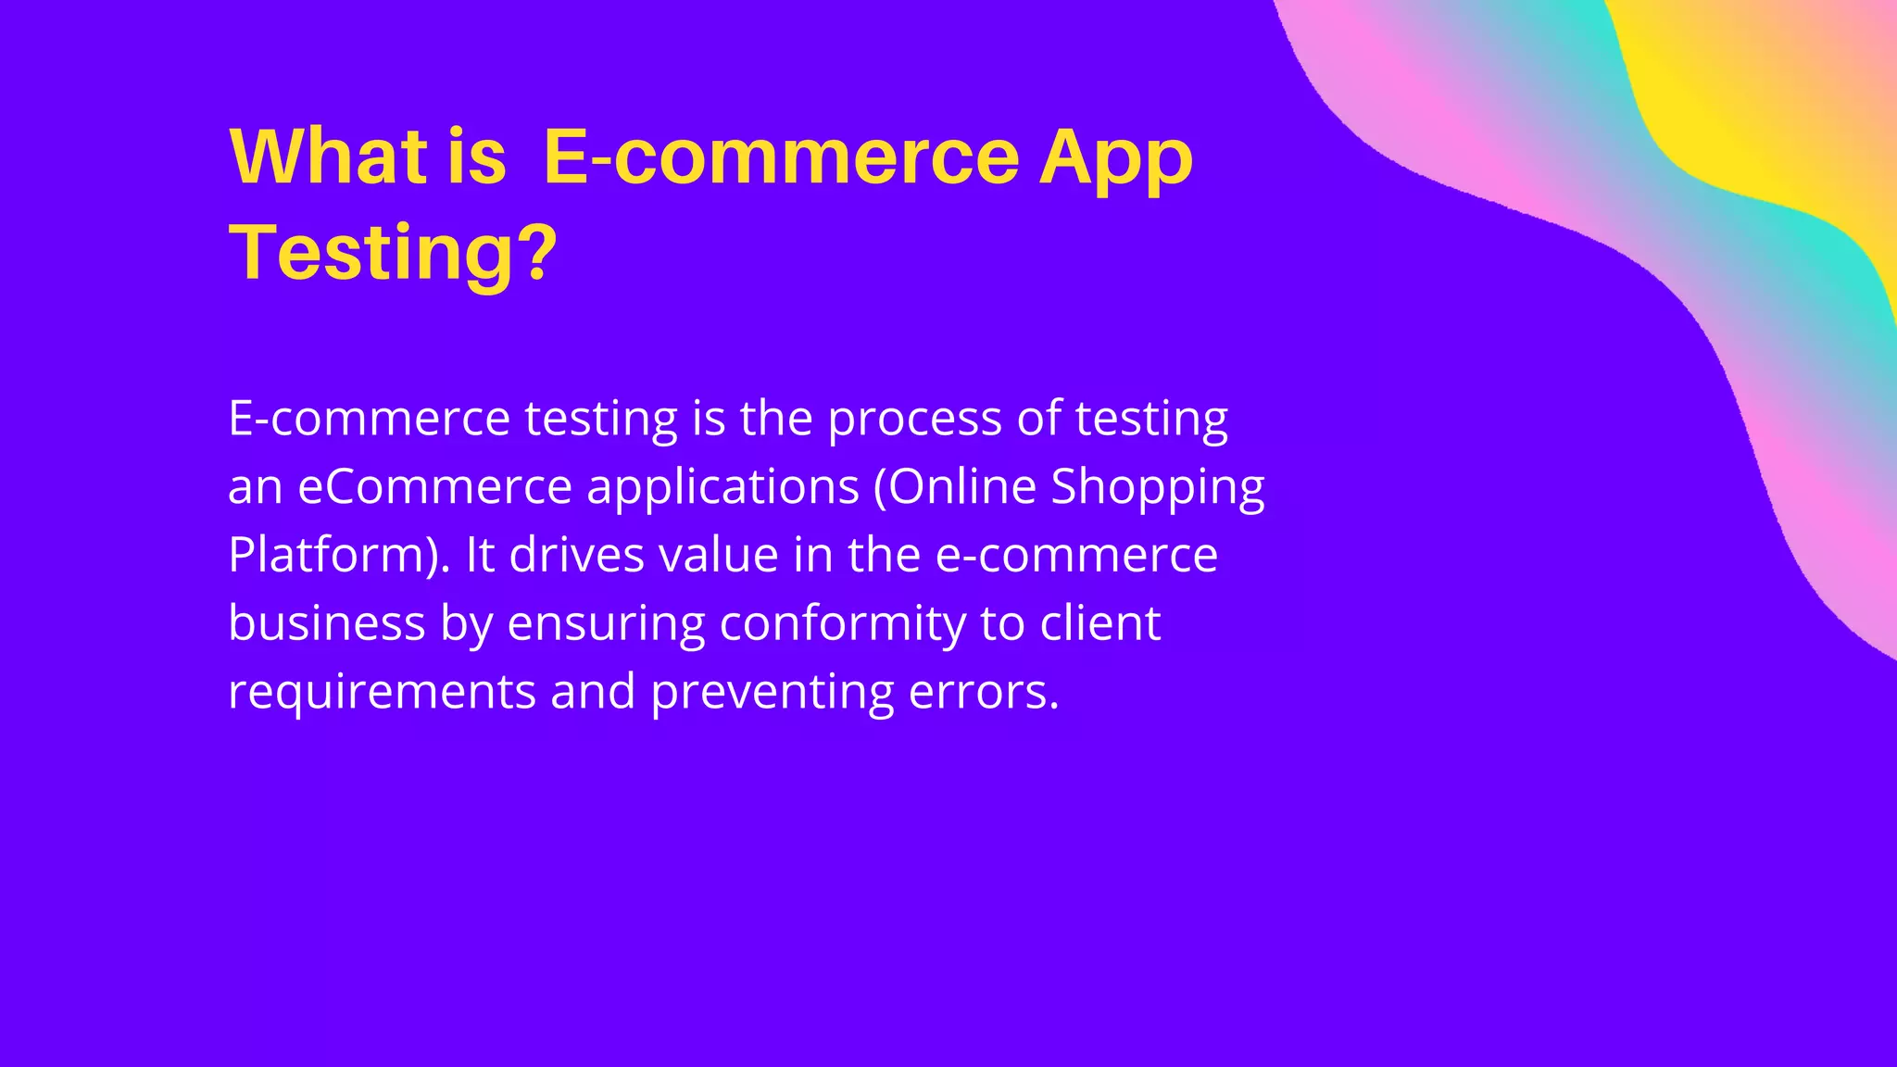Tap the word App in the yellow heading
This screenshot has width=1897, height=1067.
coord(1115,157)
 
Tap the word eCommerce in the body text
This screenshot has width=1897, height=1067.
coord(434,487)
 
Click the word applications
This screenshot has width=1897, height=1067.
coord(722,488)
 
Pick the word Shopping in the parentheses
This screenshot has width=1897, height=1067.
coord(1157,488)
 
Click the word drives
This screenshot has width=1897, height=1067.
coord(576,556)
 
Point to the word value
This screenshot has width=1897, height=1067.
coord(718,556)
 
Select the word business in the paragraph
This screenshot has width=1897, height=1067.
coord(326,623)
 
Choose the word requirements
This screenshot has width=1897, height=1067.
coord(382,693)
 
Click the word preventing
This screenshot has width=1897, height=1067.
coord(772,693)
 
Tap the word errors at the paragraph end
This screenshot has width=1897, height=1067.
coord(981,693)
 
